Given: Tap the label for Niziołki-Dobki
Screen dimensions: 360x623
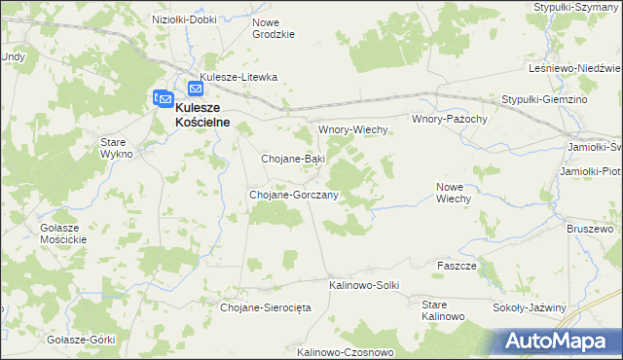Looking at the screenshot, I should tap(185, 19).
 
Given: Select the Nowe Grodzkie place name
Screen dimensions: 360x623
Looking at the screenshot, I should tap(273, 27).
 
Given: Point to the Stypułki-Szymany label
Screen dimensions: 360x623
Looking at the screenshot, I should tap(575, 7).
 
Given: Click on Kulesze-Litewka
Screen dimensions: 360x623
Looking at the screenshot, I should tap(238, 77).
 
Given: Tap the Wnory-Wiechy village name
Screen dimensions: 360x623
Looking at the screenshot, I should tap(353, 129).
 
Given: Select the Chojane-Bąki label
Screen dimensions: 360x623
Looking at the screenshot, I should tap(293, 158).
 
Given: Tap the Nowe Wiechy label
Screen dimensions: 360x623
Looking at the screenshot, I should tap(454, 193).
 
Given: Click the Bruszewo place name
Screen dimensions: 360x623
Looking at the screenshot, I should tap(590, 229).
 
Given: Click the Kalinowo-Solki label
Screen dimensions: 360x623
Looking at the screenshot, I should tap(364, 285).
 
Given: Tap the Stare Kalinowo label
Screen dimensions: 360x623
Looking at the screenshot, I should tap(443, 310).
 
